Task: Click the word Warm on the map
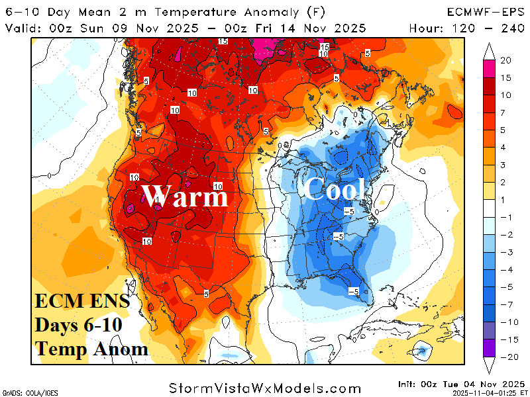(x=185, y=197)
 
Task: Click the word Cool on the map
(x=335, y=190)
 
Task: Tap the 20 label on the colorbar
(x=505, y=60)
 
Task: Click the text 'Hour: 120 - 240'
(x=466, y=28)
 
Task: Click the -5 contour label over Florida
(x=353, y=291)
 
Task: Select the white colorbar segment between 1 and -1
(x=489, y=208)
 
